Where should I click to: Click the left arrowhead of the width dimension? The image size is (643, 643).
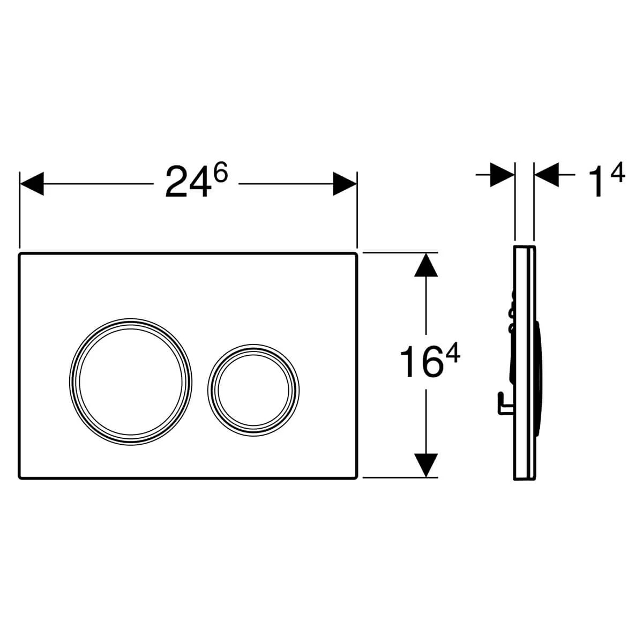(32, 184)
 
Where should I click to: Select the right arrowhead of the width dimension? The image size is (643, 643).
(345, 184)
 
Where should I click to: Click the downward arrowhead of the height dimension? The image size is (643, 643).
(426, 465)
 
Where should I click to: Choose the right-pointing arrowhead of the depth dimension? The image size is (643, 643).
(503, 175)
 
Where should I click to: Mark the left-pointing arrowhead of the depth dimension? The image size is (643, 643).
(547, 175)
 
